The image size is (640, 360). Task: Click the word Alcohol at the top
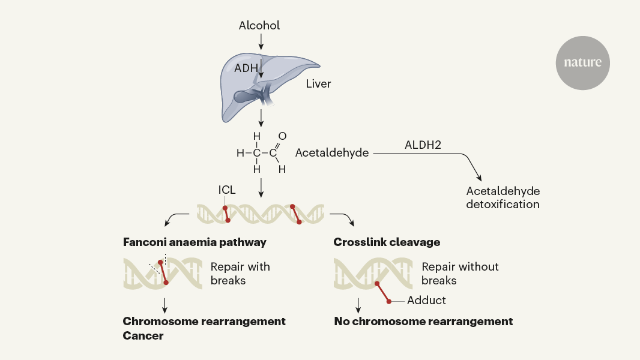click(259, 25)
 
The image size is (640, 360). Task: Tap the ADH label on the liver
click(246, 68)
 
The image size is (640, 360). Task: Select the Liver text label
click(318, 83)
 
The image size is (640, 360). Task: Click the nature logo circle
click(582, 62)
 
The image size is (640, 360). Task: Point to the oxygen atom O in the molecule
click(282, 136)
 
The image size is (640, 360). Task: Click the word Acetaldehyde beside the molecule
click(332, 153)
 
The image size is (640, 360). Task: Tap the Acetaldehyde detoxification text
click(503, 198)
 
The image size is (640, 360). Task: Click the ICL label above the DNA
click(227, 190)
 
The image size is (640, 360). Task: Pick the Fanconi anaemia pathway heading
click(195, 242)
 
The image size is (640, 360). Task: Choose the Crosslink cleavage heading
click(387, 242)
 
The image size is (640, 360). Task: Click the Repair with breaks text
click(240, 273)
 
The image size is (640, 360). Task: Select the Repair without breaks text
click(460, 273)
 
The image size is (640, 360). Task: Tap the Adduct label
click(426, 300)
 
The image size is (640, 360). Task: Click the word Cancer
click(143, 336)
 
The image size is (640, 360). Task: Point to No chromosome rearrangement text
click(423, 322)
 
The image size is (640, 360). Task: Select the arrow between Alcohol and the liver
click(261, 42)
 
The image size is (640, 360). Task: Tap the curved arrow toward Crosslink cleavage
click(343, 218)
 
